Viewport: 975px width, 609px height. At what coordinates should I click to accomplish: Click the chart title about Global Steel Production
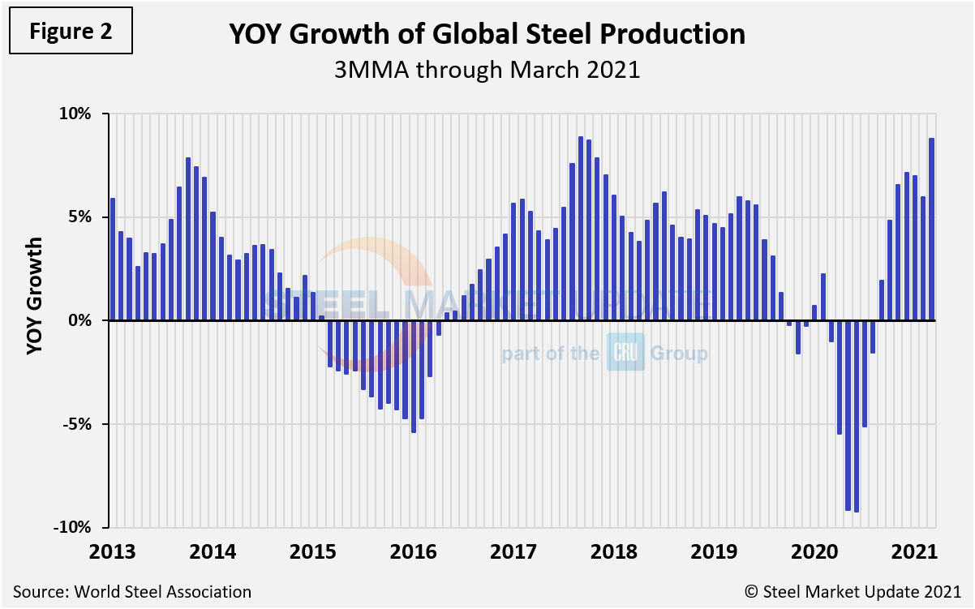[487, 34]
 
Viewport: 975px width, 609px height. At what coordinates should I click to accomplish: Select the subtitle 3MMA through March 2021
[487, 70]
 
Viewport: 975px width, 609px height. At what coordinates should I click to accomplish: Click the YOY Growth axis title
[35, 296]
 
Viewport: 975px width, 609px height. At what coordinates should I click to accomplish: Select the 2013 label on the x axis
[112, 552]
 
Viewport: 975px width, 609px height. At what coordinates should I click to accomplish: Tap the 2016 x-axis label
[413, 552]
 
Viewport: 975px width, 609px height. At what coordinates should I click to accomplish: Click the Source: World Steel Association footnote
[132, 592]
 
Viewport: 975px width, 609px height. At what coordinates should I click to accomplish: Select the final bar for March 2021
[931, 229]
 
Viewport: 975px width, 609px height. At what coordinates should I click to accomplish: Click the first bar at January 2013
[113, 259]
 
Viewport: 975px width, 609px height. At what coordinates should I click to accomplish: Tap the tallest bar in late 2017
[581, 229]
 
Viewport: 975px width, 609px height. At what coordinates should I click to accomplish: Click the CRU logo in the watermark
[625, 353]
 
